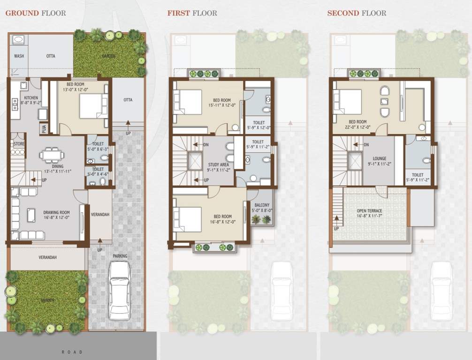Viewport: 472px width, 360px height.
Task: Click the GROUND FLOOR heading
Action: coord(36,13)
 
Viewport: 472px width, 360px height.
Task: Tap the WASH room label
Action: coord(19,56)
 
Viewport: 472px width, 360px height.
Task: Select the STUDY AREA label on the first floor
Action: coord(219,165)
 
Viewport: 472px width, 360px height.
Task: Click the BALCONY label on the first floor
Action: coord(262,205)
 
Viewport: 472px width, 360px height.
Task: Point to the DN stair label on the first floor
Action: coord(206,145)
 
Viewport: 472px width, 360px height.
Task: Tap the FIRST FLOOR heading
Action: coord(192,13)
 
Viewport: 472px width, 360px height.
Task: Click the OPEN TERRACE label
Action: coord(369,211)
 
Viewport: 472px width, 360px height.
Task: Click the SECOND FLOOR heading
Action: coord(357,13)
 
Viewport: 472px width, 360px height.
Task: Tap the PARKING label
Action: coord(120,256)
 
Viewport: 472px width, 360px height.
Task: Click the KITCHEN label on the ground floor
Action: coord(31,98)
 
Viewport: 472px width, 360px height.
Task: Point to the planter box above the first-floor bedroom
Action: coord(204,74)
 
